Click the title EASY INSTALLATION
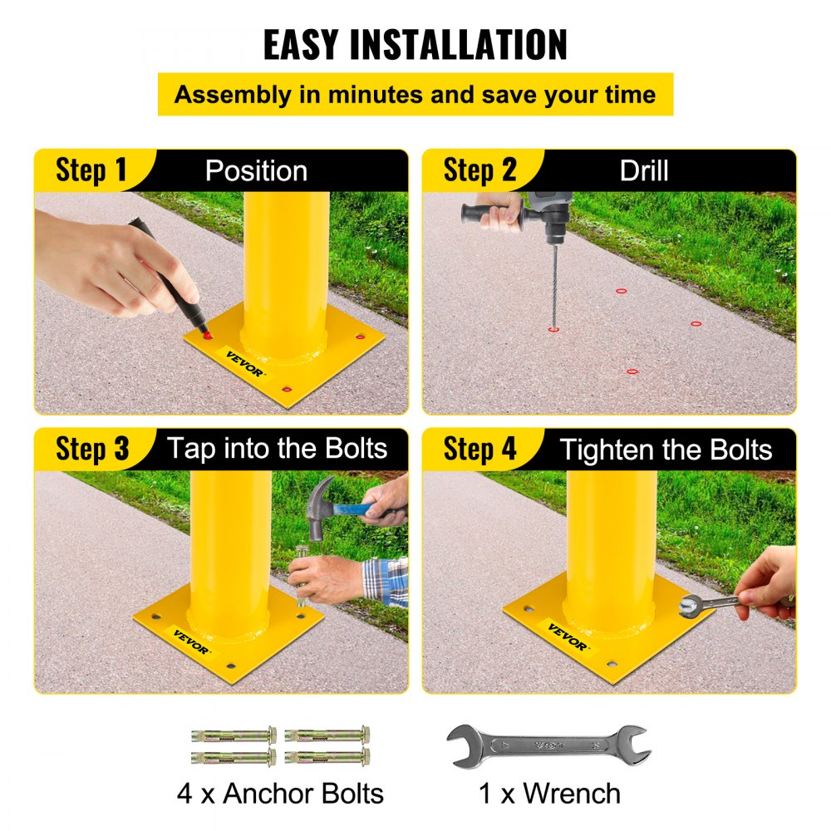tap(415, 45)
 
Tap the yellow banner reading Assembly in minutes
tap(415, 94)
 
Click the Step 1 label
tap(91, 170)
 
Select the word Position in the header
tap(256, 171)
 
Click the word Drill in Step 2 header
tap(643, 171)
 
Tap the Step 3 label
tap(92, 450)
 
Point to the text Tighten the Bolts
tap(666, 450)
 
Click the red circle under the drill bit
tap(553, 329)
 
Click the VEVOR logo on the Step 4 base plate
tap(568, 636)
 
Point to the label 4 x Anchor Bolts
tap(280, 793)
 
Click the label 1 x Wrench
tap(549, 793)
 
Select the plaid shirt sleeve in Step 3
tap(386, 581)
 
